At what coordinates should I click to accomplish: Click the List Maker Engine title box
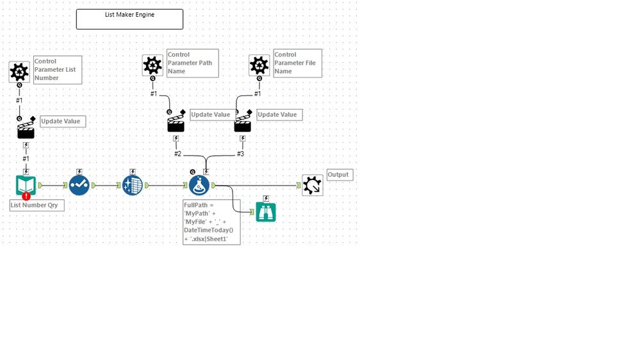129,19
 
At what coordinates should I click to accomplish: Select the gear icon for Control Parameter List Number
19,72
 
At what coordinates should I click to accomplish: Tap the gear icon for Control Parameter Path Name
152,65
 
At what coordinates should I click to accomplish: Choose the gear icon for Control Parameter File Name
259,65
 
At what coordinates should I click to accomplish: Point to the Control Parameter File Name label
297,63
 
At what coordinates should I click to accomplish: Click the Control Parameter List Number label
58,70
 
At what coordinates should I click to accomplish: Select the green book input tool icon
26,185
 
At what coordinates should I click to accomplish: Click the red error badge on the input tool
26,196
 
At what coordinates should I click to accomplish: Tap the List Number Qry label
37,206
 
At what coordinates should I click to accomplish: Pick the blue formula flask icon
199,185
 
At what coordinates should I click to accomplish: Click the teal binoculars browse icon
266,212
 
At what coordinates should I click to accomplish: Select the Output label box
339,175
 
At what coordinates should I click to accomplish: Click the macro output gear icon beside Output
313,185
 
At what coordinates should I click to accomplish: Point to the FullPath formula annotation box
211,222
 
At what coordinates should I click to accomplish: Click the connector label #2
177,154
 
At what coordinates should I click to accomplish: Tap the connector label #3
240,154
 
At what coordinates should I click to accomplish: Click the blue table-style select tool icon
132,185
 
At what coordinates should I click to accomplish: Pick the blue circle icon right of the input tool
79,185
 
